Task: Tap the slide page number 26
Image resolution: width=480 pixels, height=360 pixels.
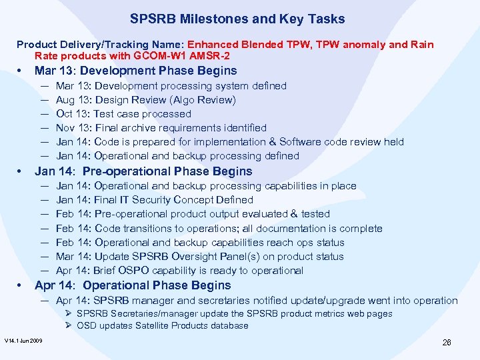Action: coord(447,342)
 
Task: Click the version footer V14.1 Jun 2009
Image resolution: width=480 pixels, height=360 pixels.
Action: coord(23,341)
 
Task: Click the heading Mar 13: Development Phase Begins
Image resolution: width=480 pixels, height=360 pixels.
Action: coord(135,71)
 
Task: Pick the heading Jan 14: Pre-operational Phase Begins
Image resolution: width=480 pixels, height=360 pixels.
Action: coord(143,171)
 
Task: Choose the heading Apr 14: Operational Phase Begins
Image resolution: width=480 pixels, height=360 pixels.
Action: coord(133,285)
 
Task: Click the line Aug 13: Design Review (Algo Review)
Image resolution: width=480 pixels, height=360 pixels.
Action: coord(145,100)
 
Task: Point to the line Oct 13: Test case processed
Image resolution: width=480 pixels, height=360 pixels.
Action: coord(123,114)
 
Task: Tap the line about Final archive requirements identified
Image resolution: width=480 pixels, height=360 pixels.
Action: coord(161,128)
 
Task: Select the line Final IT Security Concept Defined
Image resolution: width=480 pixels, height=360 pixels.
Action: coord(155,200)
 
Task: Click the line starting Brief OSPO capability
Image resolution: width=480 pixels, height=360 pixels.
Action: coord(179,271)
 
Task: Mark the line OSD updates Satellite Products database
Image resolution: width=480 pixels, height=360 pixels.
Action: coord(162,326)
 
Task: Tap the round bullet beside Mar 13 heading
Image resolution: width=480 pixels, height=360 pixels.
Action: coord(21,71)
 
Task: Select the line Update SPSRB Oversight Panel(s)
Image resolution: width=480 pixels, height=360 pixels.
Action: coord(200,257)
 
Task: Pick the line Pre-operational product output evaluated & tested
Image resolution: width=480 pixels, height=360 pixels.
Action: coord(193,214)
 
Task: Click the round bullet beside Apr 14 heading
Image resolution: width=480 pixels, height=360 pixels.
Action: coord(21,286)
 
